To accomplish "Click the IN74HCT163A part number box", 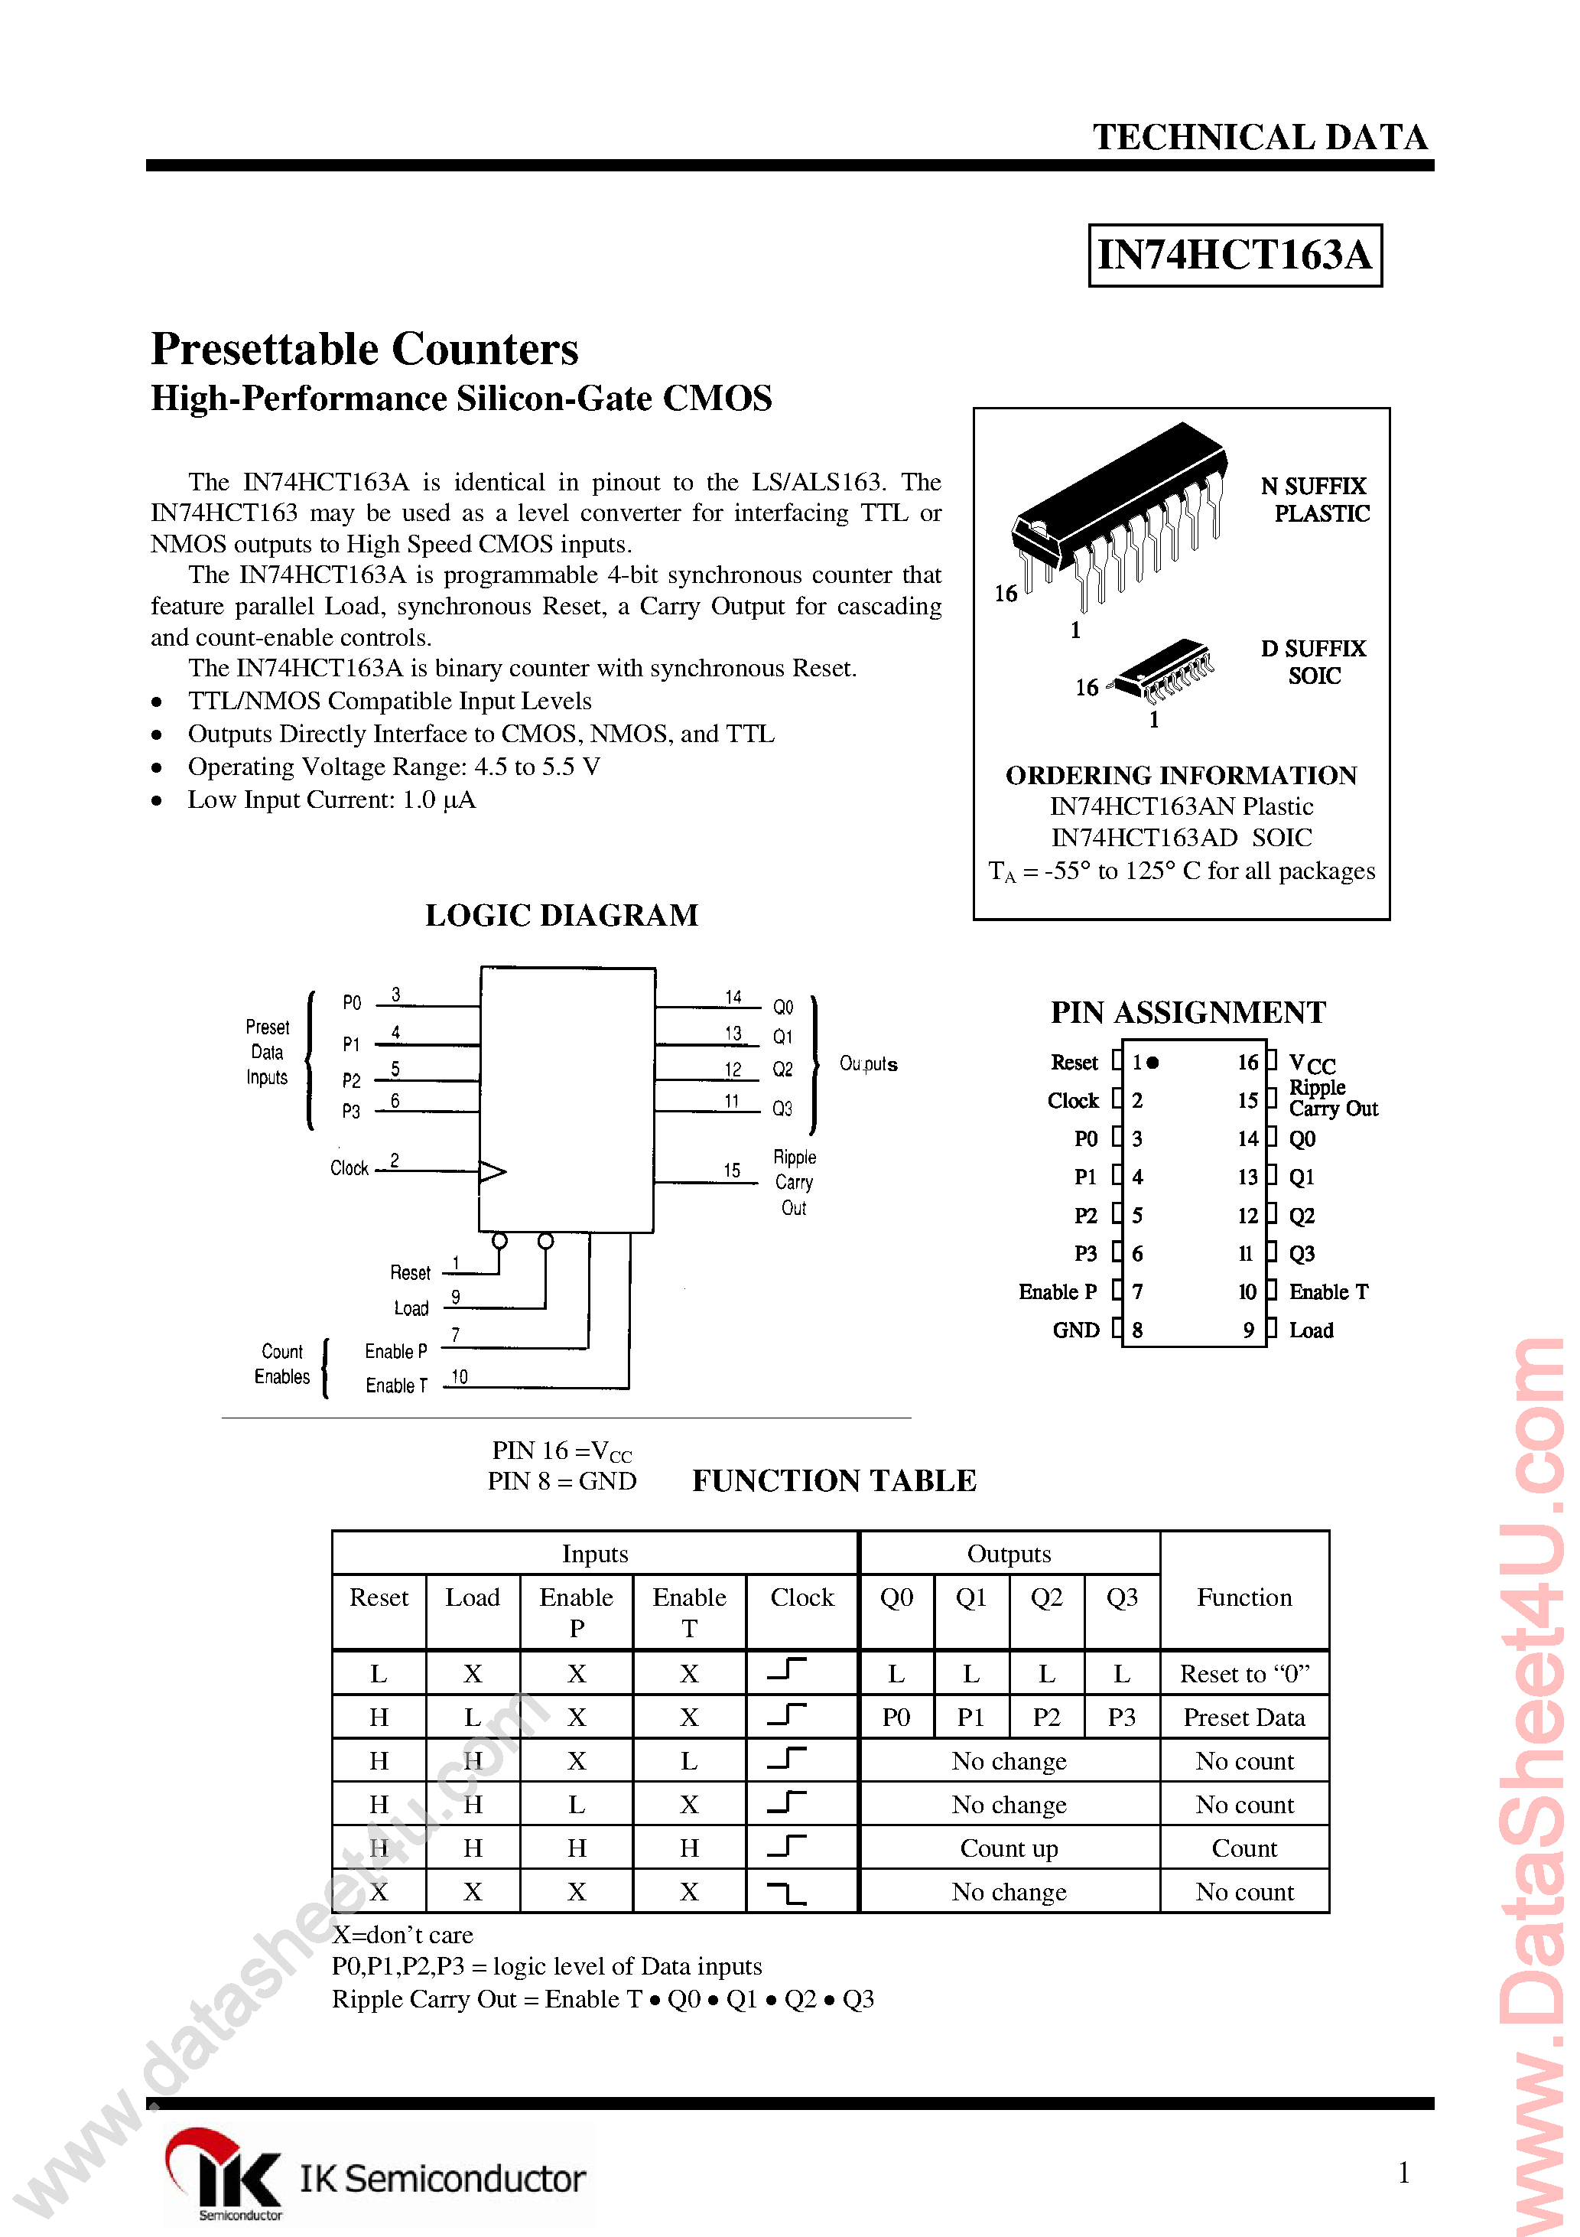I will [1234, 256].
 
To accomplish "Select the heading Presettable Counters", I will [364, 349].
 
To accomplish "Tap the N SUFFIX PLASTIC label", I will [1315, 500].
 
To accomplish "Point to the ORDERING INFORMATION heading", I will [1181, 776].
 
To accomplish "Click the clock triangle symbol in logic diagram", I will [492, 1171].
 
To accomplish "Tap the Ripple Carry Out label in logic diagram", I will [794, 1182].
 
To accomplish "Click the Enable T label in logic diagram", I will [395, 1386].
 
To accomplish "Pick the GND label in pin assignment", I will [1075, 1330].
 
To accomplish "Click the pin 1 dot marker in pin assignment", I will [1153, 1063].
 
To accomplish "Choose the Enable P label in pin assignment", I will [1057, 1292].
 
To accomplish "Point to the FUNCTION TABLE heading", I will [834, 1481].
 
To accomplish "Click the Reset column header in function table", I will [379, 1598].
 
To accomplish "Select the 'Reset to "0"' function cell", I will [1244, 1674].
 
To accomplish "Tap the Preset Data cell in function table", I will [1244, 1718].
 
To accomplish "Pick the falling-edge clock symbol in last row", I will [787, 1893].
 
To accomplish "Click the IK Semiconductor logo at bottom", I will [375, 2177].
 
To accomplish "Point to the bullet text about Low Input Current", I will [331, 800].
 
